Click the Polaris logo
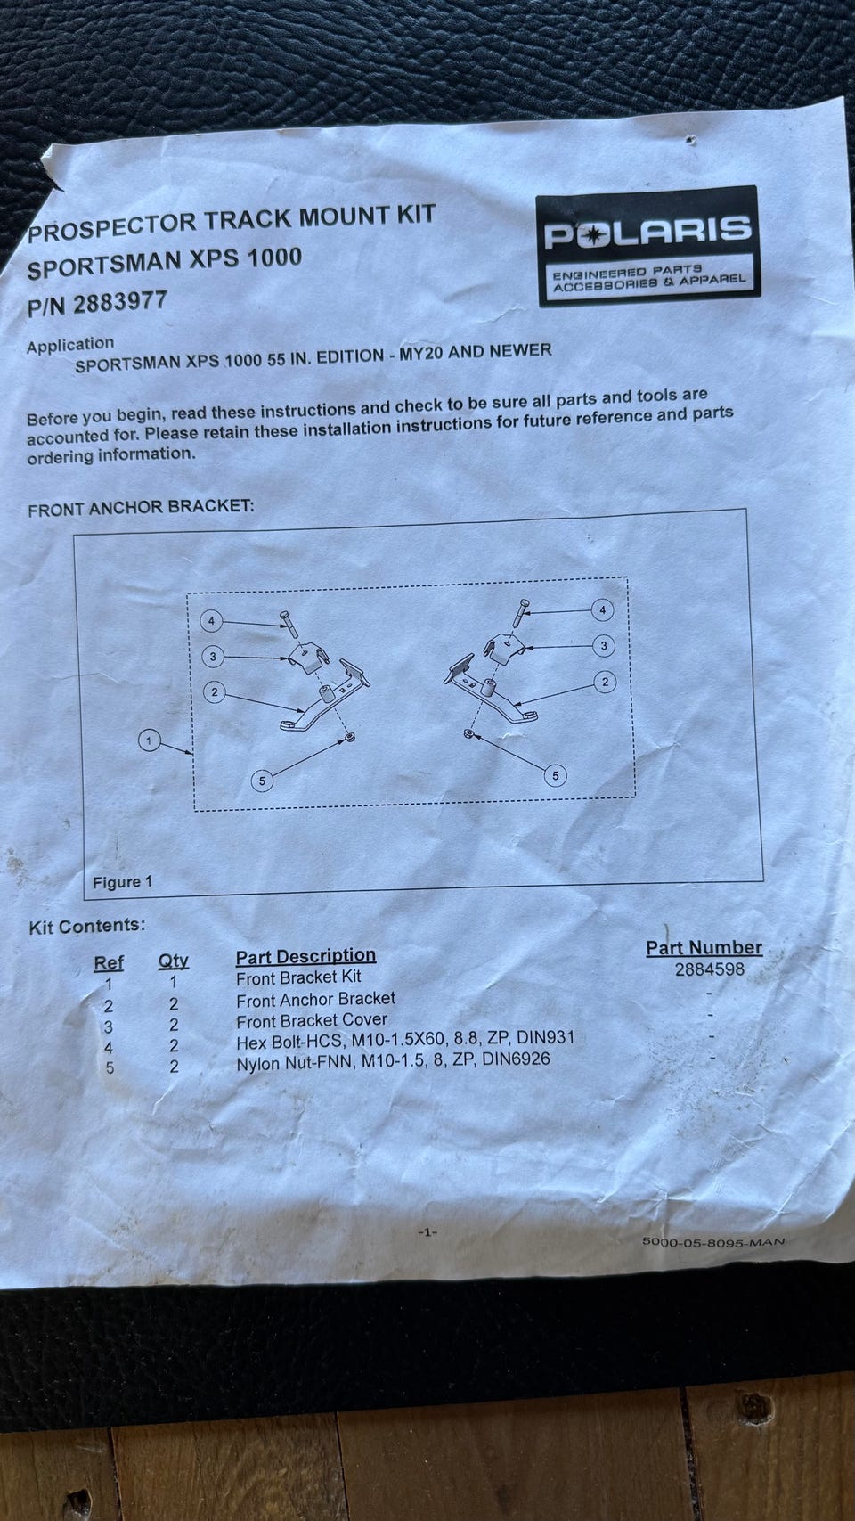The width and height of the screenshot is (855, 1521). tap(648, 245)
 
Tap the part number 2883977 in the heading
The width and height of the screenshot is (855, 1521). tap(119, 302)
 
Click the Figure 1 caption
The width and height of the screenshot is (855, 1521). tap(123, 883)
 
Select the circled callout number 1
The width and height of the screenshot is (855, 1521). tap(149, 740)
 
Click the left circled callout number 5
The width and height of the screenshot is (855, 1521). tap(263, 781)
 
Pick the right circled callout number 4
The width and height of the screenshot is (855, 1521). tap(603, 609)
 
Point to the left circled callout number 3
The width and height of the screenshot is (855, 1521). tap(213, 657)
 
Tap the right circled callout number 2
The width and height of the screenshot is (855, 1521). tap(605, 682)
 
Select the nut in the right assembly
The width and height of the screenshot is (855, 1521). tap(468, 733)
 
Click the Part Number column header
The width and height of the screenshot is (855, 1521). tap(704, 948)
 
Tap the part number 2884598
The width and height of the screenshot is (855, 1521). tap(709, 969)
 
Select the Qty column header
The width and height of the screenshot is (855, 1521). tap(174, 961)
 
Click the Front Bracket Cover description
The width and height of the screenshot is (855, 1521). tap(312, 1020)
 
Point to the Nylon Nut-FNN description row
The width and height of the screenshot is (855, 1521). tap(393, 1060)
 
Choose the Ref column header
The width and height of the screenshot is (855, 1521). tap(109, 963)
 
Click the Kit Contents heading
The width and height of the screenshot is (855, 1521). tap(87, 927)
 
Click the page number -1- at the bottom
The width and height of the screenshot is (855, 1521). tap(427, 1231)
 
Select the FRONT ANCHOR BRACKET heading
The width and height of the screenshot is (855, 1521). tap(141, 508)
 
